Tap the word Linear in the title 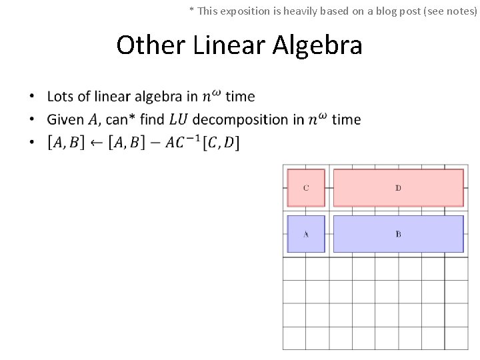[x=230, y=45]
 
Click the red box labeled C [x=306, y=188]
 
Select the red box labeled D [x=398, y=188]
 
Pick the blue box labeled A [x=306, y=234]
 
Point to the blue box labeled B [x=398, y=234]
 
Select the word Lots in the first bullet [x=60, y=97]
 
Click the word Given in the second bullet [x=65, y=120]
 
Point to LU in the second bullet [x=178, y=120]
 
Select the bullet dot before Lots [x=31, y=97]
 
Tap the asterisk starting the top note [x=192, y=9]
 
